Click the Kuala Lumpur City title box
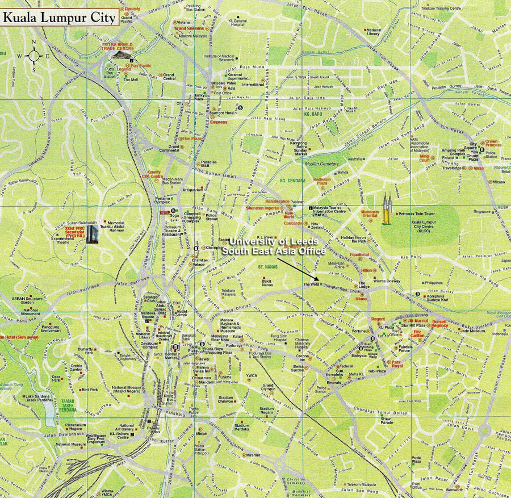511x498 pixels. coord(59,17)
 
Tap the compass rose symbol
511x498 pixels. coord(33,56)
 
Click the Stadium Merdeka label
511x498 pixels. coord(241,427)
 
